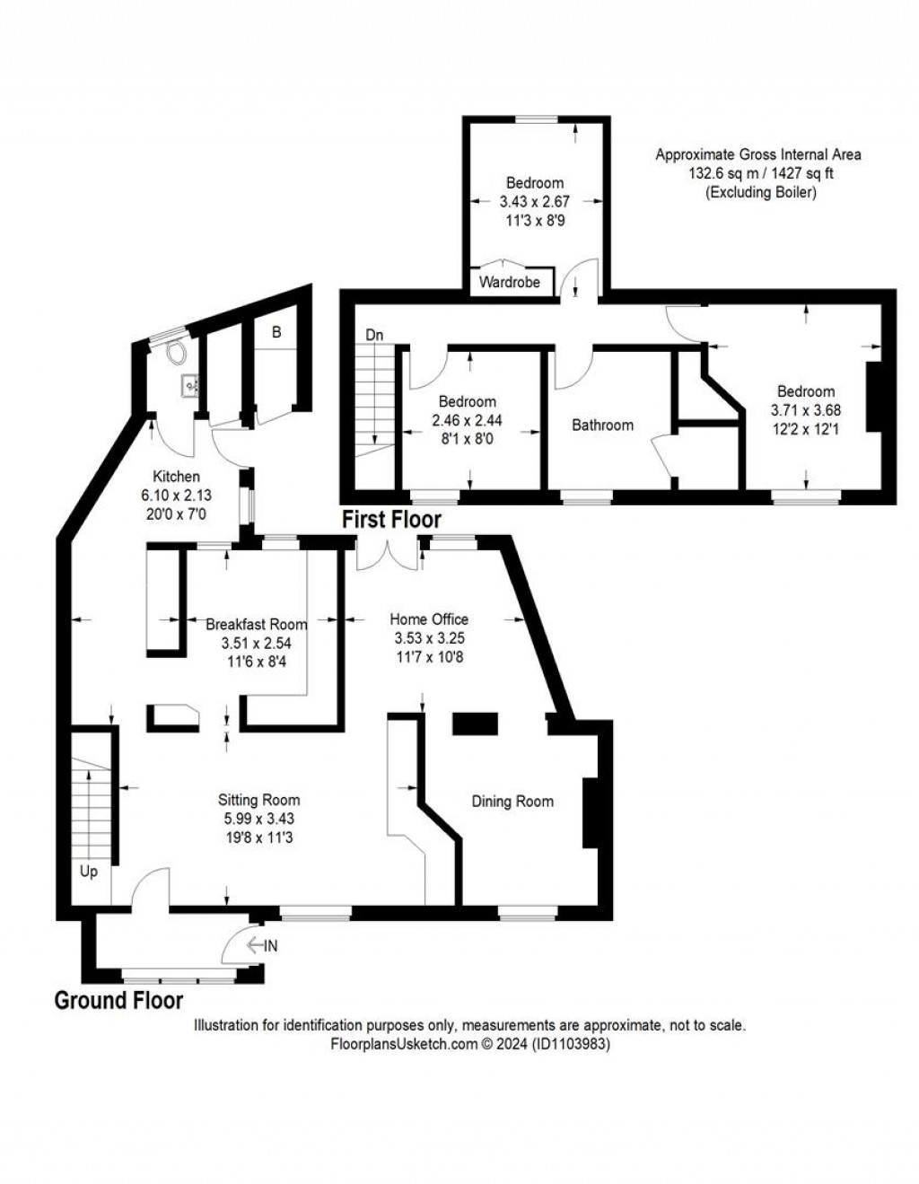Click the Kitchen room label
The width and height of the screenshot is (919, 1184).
[x=176, y=477]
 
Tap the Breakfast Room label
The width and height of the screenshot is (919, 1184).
[x=256, y=624]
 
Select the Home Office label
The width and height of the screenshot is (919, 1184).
[x=429, y=618]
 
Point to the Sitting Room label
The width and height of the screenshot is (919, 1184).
[x=258, y=800]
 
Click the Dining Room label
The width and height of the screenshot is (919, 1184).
[x=512, y=801]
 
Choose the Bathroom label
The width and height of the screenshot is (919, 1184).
[x=602, y=425]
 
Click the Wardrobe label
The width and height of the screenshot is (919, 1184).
[x=510, y=282]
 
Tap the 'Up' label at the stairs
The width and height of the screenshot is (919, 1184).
[x=89, y=872]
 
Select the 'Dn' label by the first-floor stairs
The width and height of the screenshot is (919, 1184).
[x=375, y=335]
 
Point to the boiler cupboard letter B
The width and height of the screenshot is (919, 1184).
[x=276, y=332]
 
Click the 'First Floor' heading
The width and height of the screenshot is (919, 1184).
[x=391, y=519]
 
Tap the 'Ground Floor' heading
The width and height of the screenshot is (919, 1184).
[x=118, y=1000]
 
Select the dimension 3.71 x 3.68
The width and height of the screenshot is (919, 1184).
[x=806, y=410]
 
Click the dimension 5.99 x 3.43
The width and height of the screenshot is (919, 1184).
[x=258, y=819]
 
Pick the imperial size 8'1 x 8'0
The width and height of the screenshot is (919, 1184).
[x=468, y=439]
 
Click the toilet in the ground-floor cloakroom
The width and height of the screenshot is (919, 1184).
[x=174, y=350]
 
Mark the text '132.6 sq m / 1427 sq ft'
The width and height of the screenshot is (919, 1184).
[x=759, y=173]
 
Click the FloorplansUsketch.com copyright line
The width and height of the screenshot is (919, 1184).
[x=470, y=1044]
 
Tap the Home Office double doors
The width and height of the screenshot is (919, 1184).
[x=388, y=554]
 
